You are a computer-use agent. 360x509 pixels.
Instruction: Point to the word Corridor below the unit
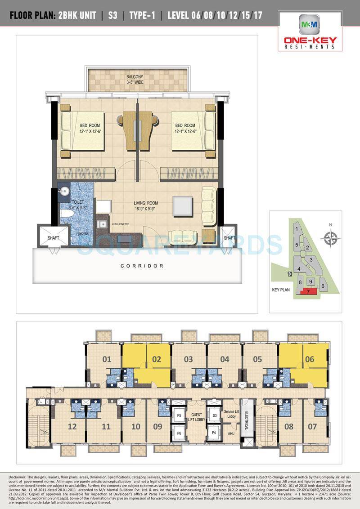pos(142,266)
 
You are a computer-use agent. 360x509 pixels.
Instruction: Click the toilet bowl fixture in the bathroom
pos(66,214)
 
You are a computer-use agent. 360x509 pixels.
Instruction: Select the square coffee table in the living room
pos(181,205)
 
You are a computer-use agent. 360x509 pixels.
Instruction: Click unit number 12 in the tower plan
pos(71,426)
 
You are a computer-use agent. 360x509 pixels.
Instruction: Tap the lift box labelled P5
pos(179,416)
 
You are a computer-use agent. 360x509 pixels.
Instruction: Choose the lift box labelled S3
pos(215,416)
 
